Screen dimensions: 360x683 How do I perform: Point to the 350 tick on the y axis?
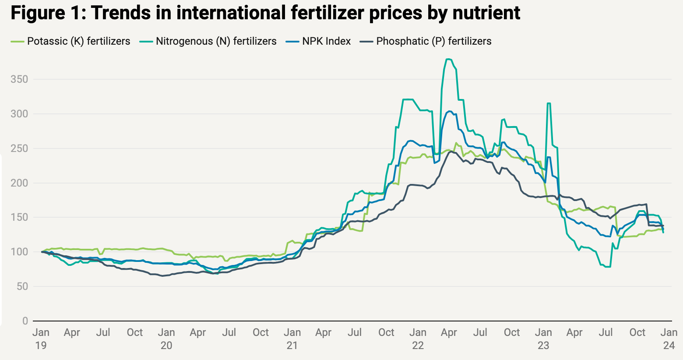[x=19, y=79]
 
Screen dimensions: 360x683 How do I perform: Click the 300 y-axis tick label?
[x=19, y=114]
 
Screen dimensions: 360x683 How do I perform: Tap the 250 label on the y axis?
[x=19, y=148]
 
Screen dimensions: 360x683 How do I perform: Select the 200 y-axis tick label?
[x=19, y=183]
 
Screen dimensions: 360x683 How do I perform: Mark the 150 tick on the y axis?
[x=19, y=218]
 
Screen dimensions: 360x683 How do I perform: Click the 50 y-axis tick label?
[x=22, y=286]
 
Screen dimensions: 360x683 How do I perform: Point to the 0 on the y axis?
[x=25, y=321]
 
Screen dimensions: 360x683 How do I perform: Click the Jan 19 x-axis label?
[x=41, y=339]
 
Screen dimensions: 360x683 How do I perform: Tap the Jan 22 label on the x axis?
[x=418, y=339]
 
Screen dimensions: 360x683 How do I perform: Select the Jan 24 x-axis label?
[x=669, y=339]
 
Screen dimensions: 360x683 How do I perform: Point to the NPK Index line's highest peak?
[x=449, y=111]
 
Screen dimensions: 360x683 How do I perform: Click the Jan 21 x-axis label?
[x=292, y=339]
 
